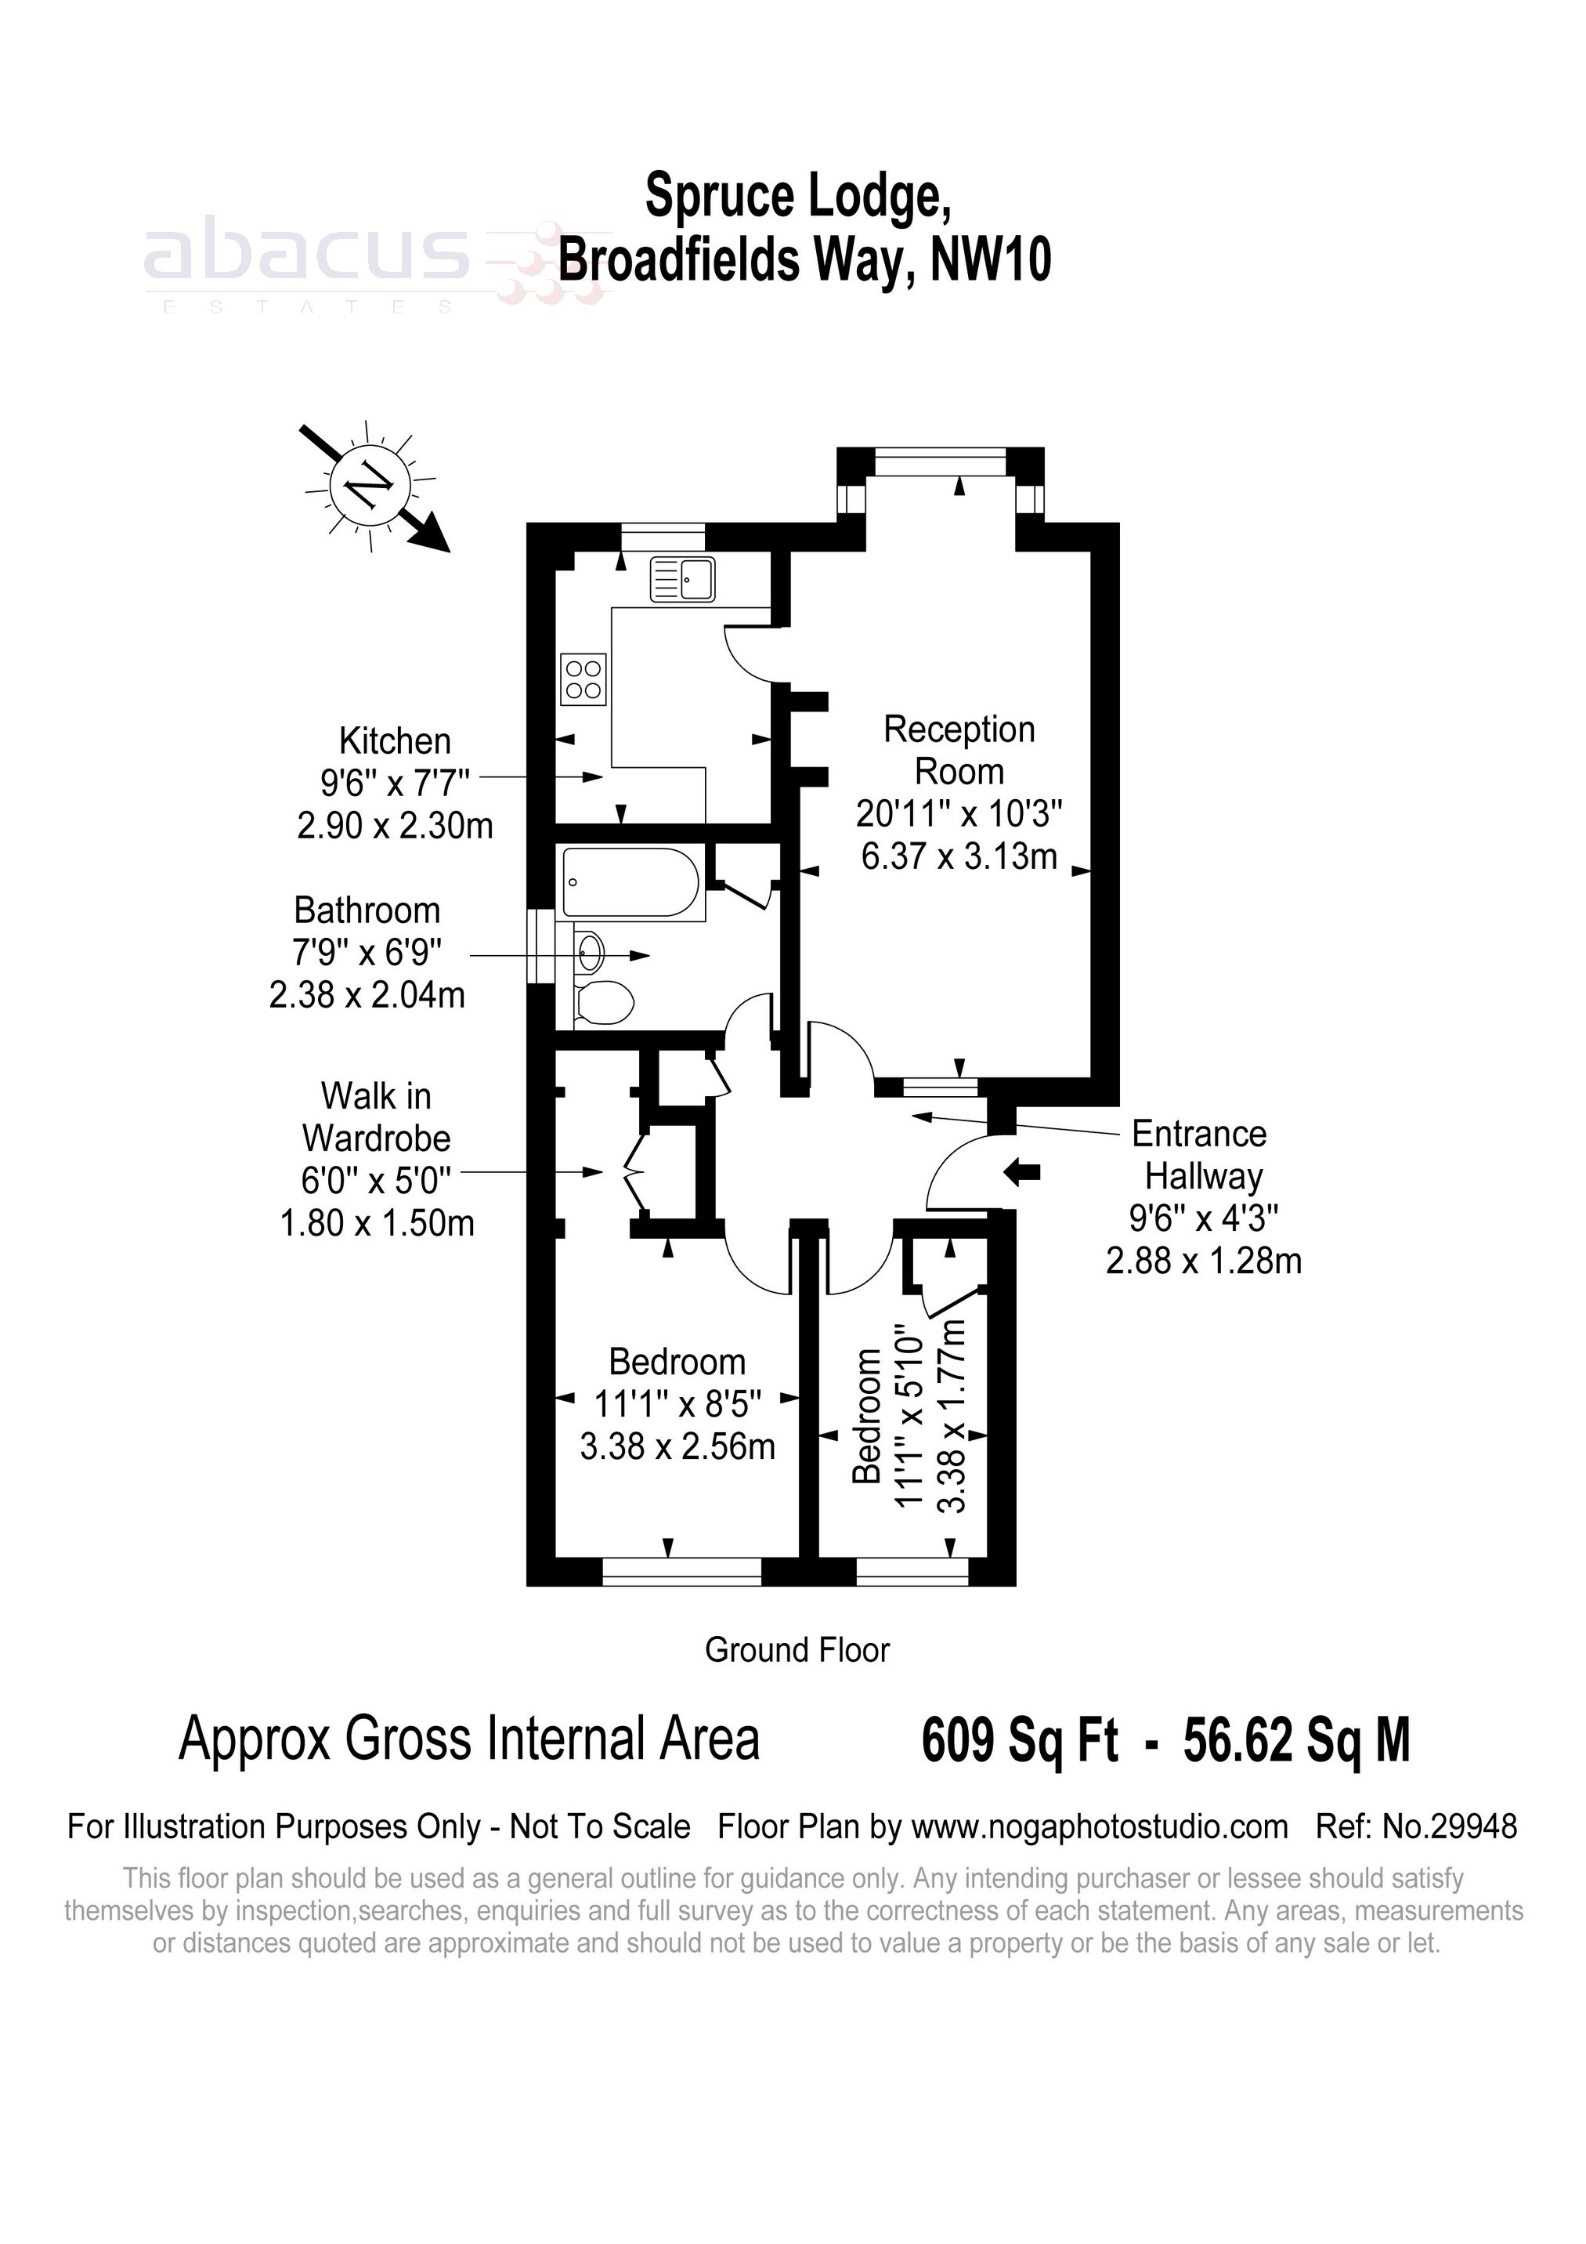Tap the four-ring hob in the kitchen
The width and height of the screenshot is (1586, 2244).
[583, 679]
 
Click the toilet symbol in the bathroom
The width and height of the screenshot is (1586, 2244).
[603, 1004]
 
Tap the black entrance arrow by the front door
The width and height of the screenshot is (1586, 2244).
[1023, 1172]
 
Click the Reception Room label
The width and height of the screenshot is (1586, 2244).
[958, 750]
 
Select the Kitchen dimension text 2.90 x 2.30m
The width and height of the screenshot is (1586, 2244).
[395, 826]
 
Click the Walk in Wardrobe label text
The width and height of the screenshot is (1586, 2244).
[375, 1117]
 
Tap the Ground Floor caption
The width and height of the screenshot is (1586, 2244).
[797, 1650]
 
